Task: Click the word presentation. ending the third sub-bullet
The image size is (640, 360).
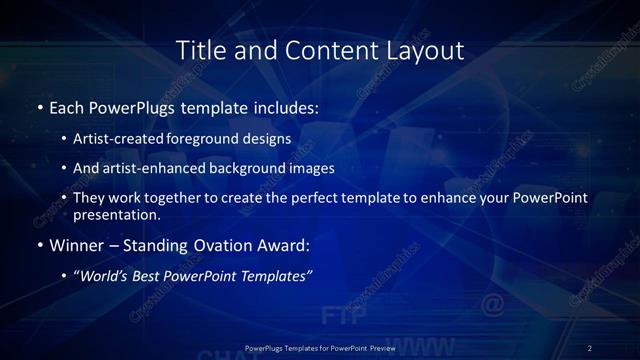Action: tap(117, 214)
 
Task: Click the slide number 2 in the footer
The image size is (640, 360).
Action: tap(590, 347)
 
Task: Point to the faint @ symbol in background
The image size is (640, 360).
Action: tap(492, 303)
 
